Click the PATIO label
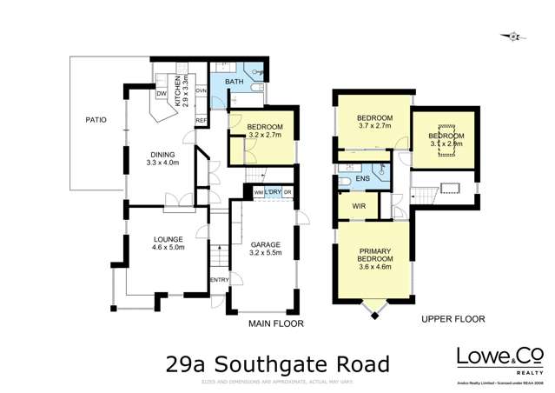click(x=96, y=120)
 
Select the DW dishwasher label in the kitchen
click(x=162, y=94)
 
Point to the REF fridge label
click(x=200, y=120)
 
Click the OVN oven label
click(x=200, y=90)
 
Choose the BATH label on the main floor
click(x=235, y=82)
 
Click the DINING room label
click(x=161, y=155)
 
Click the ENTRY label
click(x=218, y=280)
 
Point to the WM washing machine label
click(x=258, y=192)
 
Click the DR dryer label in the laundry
click(x=287, y=192)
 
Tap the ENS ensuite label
click(x=362, y=180)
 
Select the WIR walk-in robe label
click(x=357, y=207)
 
